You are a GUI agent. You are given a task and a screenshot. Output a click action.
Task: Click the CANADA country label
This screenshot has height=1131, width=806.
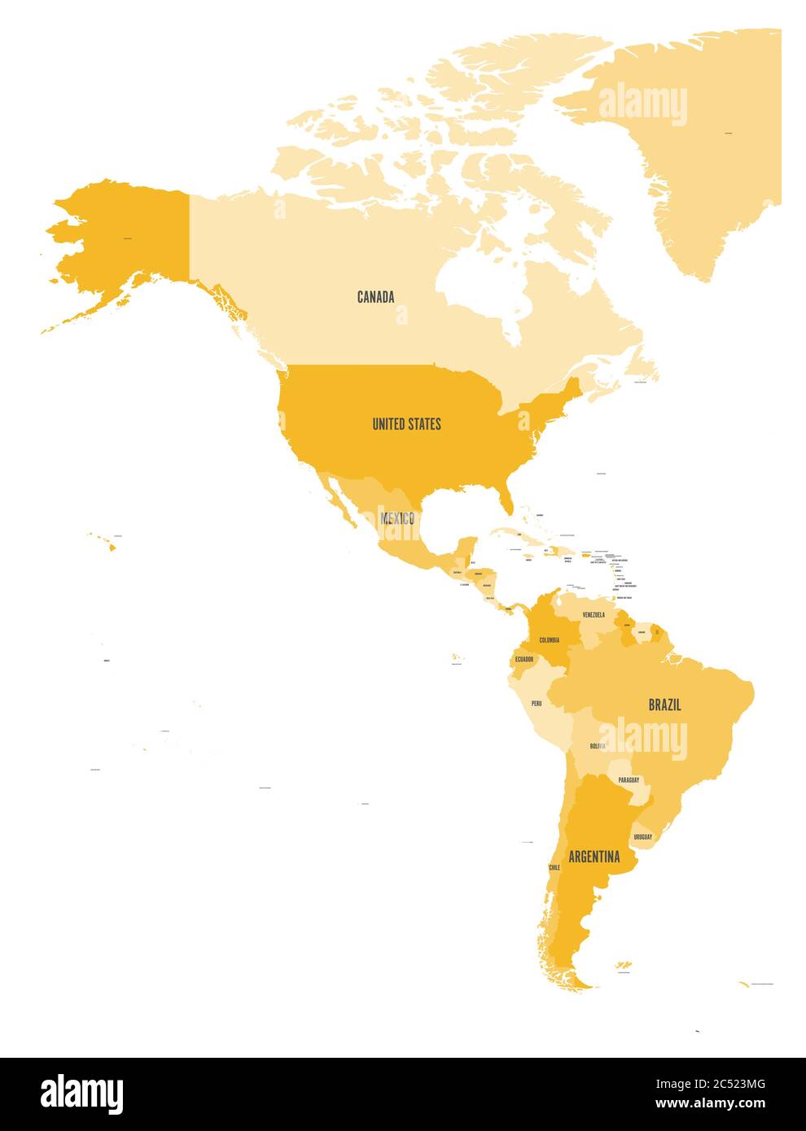[375, 297]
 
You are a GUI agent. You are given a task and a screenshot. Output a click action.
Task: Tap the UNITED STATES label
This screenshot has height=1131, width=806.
[406, 424]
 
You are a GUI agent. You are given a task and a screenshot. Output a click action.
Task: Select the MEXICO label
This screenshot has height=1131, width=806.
[396, 518]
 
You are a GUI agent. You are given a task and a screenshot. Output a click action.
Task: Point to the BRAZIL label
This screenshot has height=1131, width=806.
[664, 705]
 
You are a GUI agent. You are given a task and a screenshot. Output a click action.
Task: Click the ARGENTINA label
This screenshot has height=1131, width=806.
[594, 857]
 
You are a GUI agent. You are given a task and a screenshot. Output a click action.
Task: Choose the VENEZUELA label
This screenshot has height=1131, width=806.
[593, 615]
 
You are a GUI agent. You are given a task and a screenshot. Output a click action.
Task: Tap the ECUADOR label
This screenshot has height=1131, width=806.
[523, 659]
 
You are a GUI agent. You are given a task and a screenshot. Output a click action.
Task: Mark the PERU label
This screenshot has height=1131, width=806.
[536, 703]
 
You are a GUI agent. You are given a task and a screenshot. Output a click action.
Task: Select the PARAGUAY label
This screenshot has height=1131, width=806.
[629, 779]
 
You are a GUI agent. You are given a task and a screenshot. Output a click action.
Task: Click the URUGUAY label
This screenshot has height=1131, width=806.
[642, 836]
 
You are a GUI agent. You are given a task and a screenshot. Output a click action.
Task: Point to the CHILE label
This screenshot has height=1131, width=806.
[554, 868]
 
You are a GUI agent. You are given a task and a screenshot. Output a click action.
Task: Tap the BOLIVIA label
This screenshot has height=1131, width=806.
[598, 746]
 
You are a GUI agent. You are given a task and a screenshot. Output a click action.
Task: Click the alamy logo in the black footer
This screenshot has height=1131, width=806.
[81, 1094]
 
